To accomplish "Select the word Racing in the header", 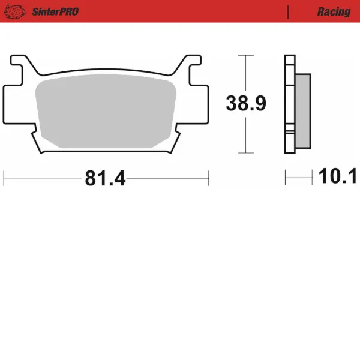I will tap(334, 11).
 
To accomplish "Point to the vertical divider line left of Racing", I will tap(289, 11).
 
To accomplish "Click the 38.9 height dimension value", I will tap(245, 104).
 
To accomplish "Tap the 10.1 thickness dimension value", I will tap(338, 176).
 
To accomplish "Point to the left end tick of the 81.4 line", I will tap(4, 178).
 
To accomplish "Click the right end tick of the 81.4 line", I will tap(208, 178).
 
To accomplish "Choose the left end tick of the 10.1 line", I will tap(286, 177).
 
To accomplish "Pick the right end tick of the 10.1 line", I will tap(313, 177).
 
